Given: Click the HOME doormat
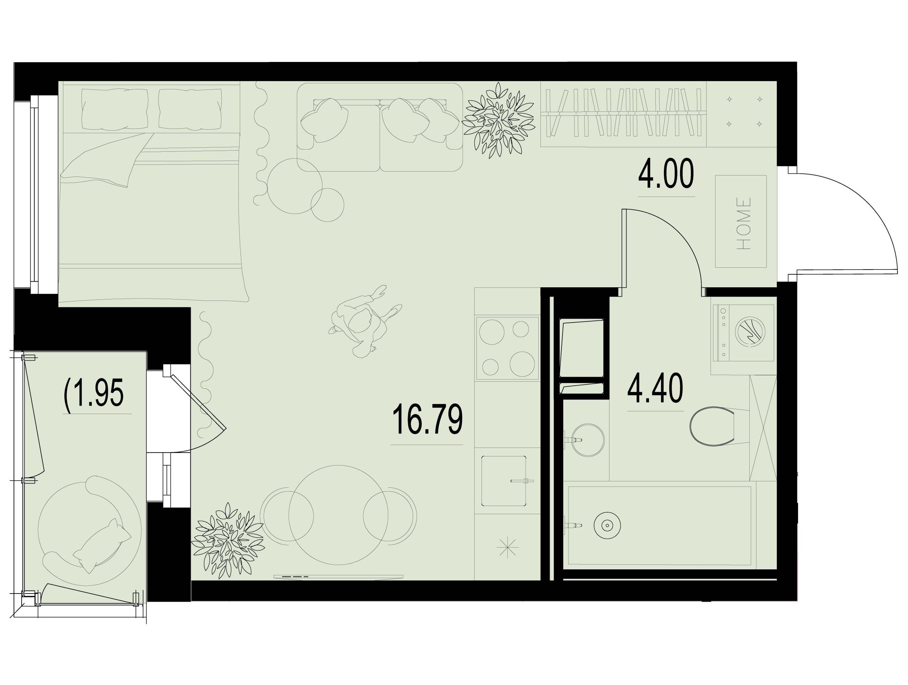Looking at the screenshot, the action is coord(741,221).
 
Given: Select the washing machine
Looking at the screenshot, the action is coord(743,333).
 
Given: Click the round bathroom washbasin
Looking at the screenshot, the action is coord(587,440).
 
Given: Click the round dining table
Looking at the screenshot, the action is coord(338,514).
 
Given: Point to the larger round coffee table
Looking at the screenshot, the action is coord(294,186).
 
